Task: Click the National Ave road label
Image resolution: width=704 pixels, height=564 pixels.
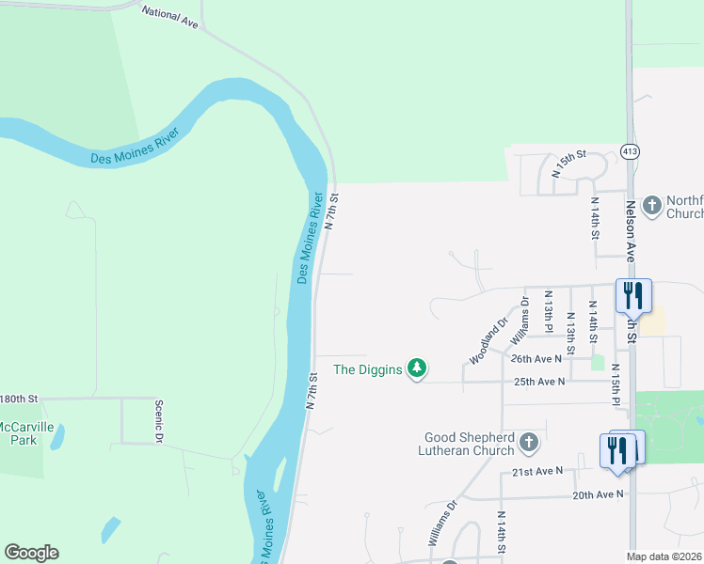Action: [170, 17]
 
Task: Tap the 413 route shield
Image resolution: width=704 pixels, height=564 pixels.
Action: [631, 151]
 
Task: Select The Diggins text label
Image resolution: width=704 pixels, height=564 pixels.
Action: [368, 369]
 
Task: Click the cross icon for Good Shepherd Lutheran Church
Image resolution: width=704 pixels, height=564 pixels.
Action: [529, 442]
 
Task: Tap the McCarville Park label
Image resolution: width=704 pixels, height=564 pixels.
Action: [18, 432]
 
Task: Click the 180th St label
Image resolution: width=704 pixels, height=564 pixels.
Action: [18, 399]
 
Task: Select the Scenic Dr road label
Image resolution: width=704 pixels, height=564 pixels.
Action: [159, 420]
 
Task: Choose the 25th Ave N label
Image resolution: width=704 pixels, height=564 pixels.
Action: [538, 382]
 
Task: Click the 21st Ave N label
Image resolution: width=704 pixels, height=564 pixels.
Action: [537, 470]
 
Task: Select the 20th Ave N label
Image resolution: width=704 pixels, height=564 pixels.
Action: [598, 493]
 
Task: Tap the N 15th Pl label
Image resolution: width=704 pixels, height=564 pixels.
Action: [616, 385]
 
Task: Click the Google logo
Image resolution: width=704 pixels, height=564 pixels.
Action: [31, 553]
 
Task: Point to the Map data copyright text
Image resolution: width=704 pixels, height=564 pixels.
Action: [664, 556]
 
